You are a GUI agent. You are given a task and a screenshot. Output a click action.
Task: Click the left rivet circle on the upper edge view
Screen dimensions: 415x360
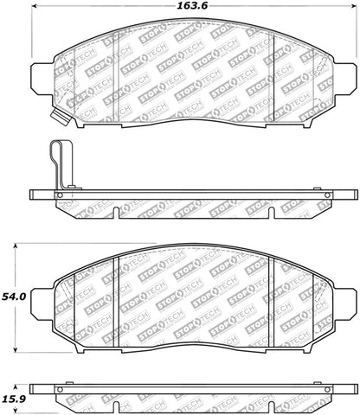tap(60, 196)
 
